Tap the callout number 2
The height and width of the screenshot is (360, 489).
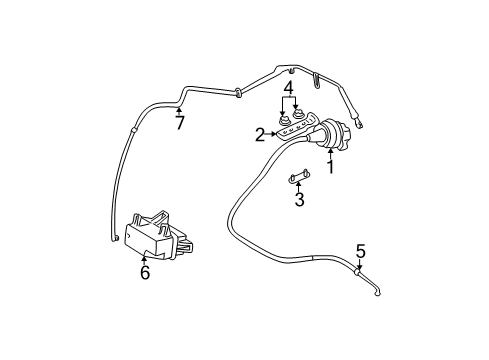(260, 134)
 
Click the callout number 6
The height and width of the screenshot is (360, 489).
(145, 272)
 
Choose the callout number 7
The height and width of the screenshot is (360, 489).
(180, 123)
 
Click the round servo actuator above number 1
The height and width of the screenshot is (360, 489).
(330, 134)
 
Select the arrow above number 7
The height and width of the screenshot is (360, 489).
(180, 111)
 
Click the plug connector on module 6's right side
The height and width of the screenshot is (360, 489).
(184, 242)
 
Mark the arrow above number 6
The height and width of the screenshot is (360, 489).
(145, 259)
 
